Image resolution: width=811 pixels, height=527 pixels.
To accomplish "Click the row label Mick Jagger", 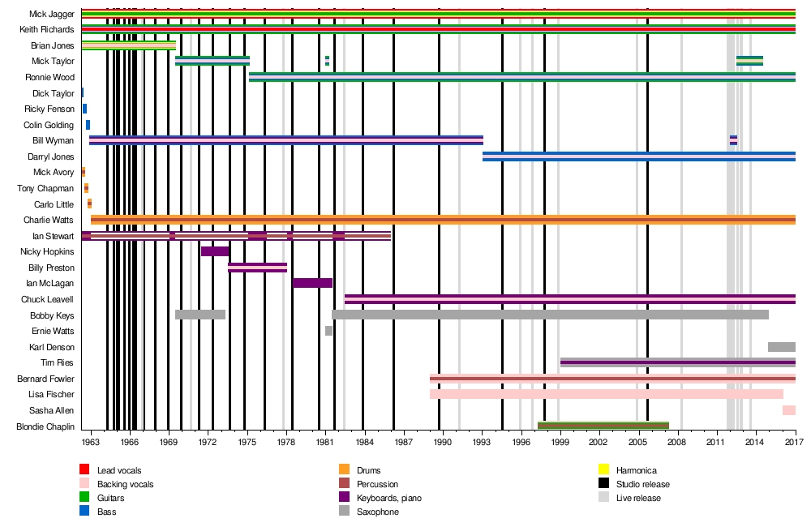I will (x=52, y=14).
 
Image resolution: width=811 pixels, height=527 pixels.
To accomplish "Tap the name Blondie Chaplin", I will (x=45, y=426).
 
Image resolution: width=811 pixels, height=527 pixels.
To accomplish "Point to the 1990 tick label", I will (x=442, y=442).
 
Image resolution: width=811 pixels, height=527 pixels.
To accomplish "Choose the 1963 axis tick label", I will (x=91, y=442).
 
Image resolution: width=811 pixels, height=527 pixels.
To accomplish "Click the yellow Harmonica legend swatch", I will (x=603, y=470).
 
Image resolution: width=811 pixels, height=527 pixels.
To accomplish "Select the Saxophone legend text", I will (x=377, y=512).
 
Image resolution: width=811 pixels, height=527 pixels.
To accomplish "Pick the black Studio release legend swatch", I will (x=603, y=484).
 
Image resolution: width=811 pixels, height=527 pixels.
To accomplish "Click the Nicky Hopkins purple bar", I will (x=215, y=251).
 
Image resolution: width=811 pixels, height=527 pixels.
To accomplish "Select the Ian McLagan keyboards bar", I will (x=312, y=283).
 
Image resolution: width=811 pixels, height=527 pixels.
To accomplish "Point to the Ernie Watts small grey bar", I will (x=328, y=331).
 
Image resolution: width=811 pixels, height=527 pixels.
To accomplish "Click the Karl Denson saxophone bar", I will (x=781, y=347).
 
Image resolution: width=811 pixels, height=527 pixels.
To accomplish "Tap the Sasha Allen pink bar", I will (x=788, y=410).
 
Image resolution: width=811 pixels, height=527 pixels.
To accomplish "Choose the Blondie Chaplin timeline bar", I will (x=603, y=426).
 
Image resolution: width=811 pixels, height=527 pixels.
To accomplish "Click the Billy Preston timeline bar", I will (x=257, y=268).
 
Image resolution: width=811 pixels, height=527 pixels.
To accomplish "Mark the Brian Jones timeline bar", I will (x=128, y=45).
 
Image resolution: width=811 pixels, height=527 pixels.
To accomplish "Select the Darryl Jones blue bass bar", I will (x=638, y=156).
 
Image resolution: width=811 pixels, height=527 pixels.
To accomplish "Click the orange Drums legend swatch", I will (x=344, y=470).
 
